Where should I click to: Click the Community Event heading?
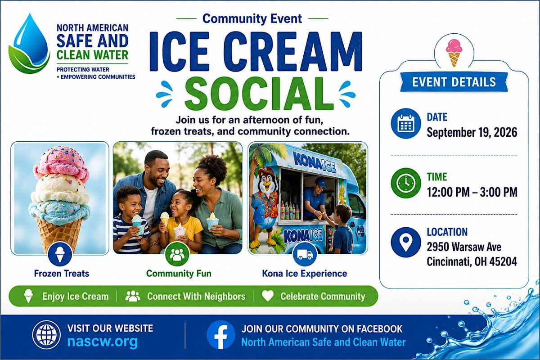pyautogui.click(x=252, y=18)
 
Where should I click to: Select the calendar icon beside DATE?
pyautogui.click(x=406, y=123)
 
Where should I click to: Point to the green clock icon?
pyautogui.click(x=406, y=183)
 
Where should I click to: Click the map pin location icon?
pyautogui.click(x=406, y=242)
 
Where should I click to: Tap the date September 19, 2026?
pyautogui.click(x=472, y=132)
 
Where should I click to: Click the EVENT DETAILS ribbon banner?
pyautogui.click(x=454, y=82)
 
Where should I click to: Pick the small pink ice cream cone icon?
pyautogui.click(x=454, y=53)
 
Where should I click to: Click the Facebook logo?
pyautogui.click(x=220, y=335)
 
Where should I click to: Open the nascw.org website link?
pyautogui.click(x=103, y=342)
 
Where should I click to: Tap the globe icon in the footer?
pyautogui.click(x=46, y=335)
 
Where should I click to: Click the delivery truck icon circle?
pyautogui.click(x=305, y=254)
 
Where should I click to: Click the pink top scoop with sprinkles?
pyautogui.click(x=62, y=166)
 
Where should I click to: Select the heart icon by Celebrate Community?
pyautogui.click(x=268, y=296)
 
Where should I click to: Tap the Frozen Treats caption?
pyautogui.click(x=62, y=274)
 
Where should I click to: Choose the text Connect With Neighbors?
pyautogui.click(x=196, y=297)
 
